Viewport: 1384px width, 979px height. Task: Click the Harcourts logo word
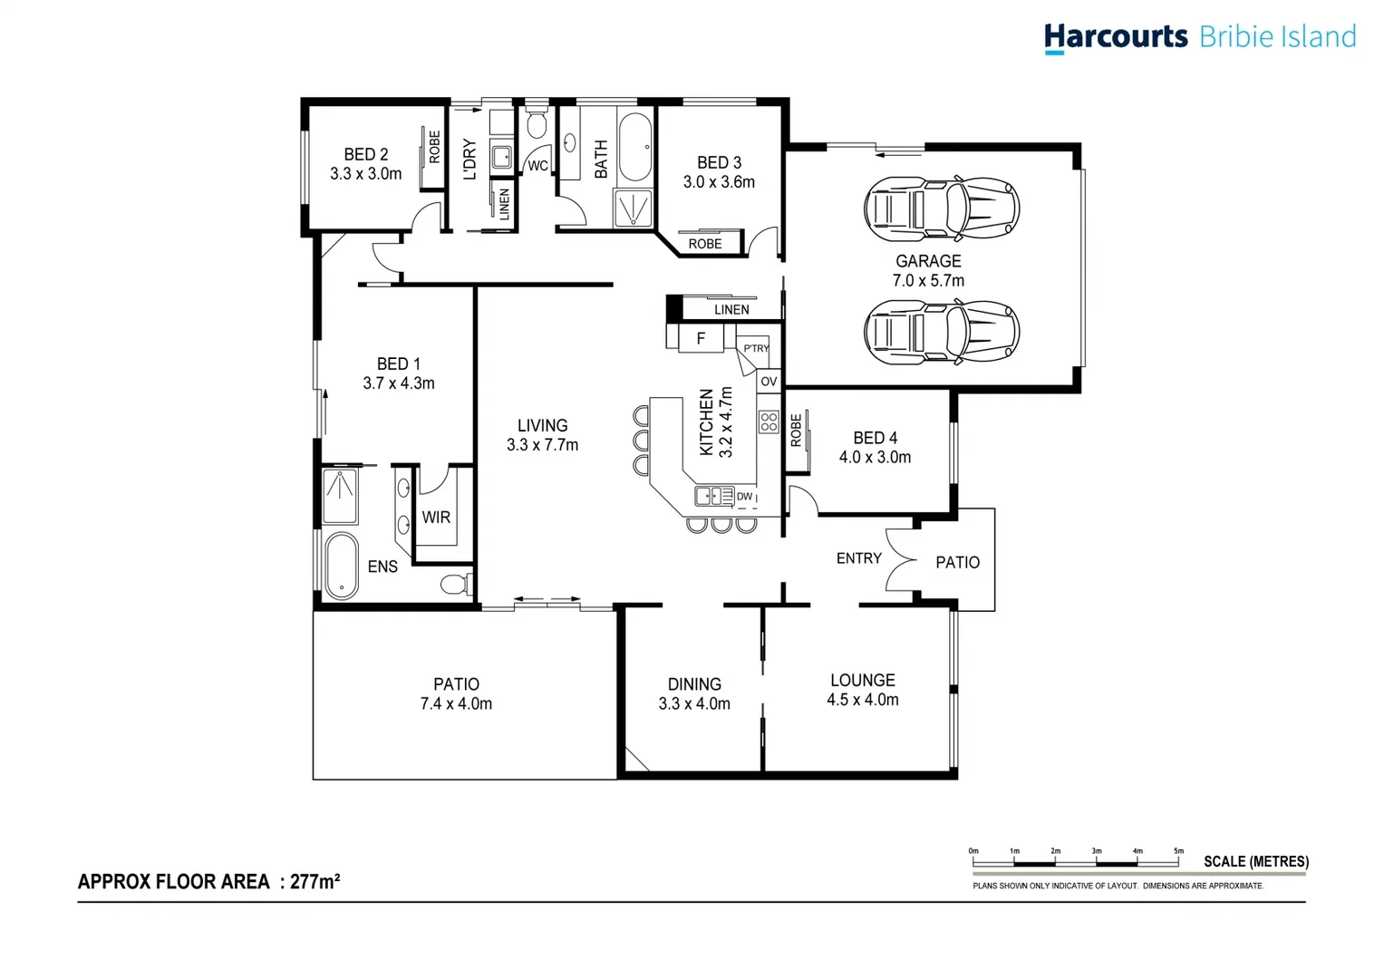tap(1115, 36)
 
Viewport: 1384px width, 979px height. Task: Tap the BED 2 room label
tap(365, 154)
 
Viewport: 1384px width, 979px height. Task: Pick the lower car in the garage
tap(941, 332)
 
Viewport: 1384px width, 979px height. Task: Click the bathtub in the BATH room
tap(634, 148)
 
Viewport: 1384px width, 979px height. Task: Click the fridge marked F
tap(701, 338)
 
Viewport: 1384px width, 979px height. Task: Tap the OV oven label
tap(769, 381)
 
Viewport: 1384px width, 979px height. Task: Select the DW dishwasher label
tap(744, 497)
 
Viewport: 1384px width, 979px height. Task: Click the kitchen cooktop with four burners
tap(769, 422)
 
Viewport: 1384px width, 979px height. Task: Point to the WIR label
tap(436, 518)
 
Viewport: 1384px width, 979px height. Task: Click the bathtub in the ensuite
tap(341, 567)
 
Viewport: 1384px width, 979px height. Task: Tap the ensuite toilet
tap(455, 583)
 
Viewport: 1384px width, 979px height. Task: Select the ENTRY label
tap(858, 558)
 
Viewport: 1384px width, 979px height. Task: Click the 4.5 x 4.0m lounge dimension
tap(862, 700)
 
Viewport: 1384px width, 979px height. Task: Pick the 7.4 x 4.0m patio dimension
tap(456, 704)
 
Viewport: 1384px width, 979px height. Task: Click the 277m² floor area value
tap(315, 881)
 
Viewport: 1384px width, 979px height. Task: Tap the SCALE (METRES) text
tap(1255, 861)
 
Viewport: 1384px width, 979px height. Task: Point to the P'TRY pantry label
tap(756, 349)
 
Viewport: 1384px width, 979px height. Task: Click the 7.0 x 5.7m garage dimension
tap(928, 281)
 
